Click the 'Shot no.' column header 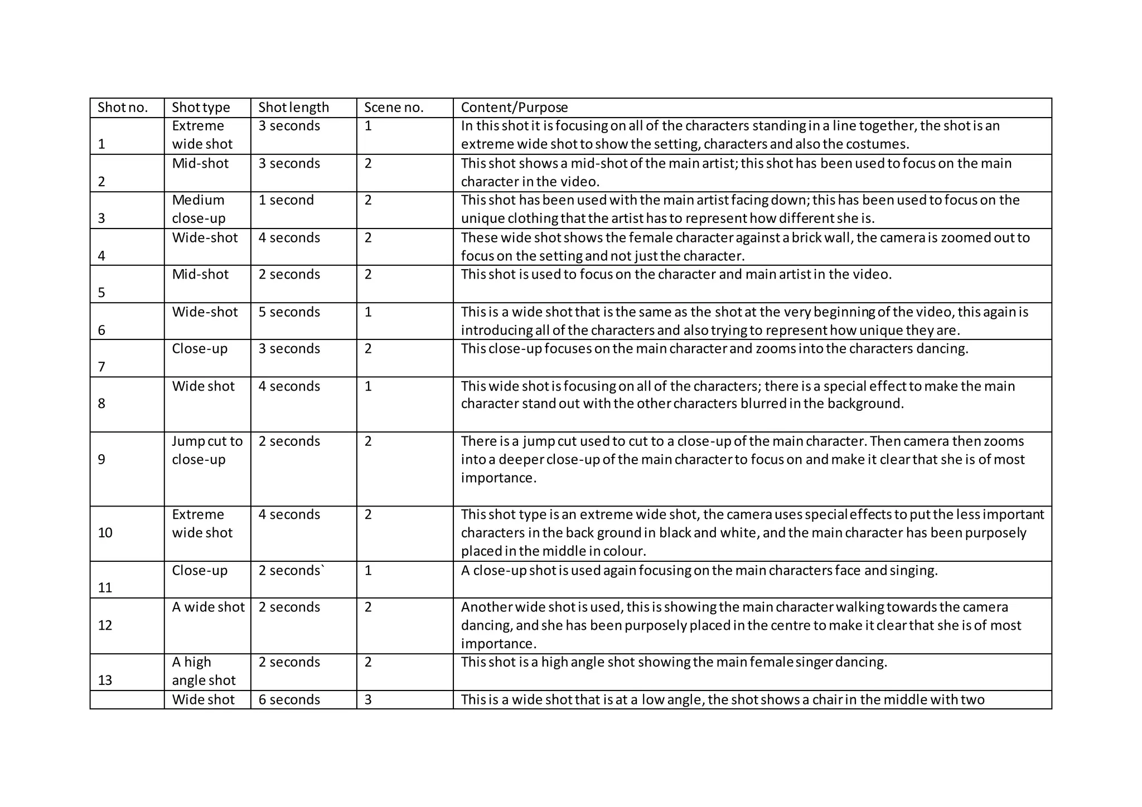pyautogui.click(x=123, y=108)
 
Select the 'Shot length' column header pyautogui.click(x=294, y=108)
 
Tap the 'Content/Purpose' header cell pyautogui.click(x=514, y=108)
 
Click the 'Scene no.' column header pyautogui.click(x=394, y=108)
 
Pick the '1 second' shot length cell pyautogui.click(x=286, y=200)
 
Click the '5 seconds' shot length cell pyautogui.click(x=289, y=312)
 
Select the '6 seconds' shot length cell pyautogui.click(x=289, y=699)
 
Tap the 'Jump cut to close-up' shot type pyautogui.click(x=207, y=450)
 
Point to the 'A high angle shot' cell pyautogui.click(x=204, y=671)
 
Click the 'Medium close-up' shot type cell pyautogui.click(x=198, y=209)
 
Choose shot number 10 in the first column pyautogui.click(x=105, y=533)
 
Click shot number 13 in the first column pyautogui.click(x=105, y=680)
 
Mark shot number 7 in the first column pyautogui.click(x=101, y=367)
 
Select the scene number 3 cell pyautogui.click(x=368, y=699)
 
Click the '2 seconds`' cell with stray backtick pyautogui.click(x=291, y=571)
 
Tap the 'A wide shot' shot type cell pyautogui.click(x=208, y=607)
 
